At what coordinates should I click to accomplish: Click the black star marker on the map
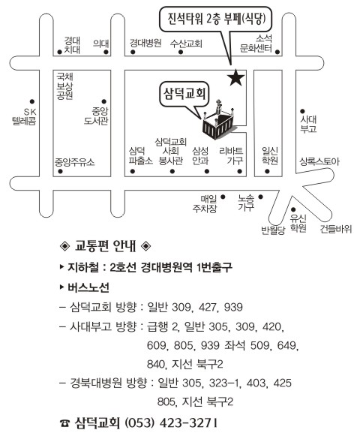coord(235,77)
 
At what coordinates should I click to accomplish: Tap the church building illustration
coord(219,121)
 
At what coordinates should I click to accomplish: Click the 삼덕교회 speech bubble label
coord(185,94)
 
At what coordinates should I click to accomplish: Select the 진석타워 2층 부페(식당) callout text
coord(216,19)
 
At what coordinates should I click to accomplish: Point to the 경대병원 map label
coord(145,43)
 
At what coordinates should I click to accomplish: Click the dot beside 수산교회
coord(181,52)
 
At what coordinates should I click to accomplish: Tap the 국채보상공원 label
coord(64,86)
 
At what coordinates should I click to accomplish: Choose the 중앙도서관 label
coord(96,116)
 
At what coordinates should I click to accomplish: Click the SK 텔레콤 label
coord(24,116)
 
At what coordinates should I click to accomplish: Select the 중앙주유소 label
coord(75,162)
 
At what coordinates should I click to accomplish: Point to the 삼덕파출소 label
coord(141,156)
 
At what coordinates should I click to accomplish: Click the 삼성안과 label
coord(200,156)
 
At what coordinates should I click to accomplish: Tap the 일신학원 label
coord(270,155)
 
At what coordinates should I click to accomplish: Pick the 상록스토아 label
coord(319,161)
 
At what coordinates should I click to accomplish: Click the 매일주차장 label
coord(205,204)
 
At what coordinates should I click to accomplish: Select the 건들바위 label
coord(336,230)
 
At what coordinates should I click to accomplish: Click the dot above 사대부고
coord(302,111)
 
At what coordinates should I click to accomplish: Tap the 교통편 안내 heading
coord(106,246)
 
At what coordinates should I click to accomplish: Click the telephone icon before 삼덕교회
coord(65,423)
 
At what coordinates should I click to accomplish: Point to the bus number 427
coord(208,308)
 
